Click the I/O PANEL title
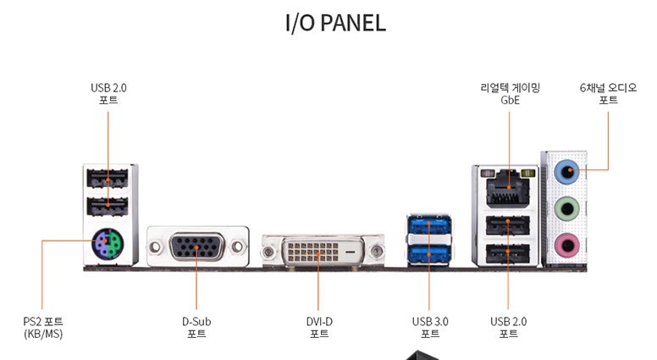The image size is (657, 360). [335, 23]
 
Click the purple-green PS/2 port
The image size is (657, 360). [108, 246]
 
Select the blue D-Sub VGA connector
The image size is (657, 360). [196, 248]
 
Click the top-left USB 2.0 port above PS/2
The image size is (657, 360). [108, 179]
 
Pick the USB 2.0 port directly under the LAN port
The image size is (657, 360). [508, 224]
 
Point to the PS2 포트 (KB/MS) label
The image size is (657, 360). [43, 327]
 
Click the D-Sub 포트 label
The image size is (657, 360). [196, 327]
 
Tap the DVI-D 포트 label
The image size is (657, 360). [319, 327]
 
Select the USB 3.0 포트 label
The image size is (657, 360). [430, 327]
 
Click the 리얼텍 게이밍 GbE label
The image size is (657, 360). [510, 93]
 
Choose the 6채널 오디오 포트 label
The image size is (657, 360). [608, 93]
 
